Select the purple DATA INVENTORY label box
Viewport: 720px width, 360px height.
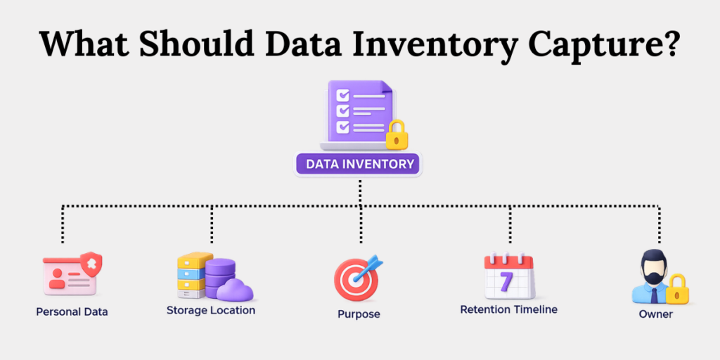point(359,165)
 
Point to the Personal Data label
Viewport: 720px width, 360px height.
point(72,311)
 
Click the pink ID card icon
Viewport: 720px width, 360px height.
point(68,275)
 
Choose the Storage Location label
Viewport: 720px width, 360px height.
point(211,309)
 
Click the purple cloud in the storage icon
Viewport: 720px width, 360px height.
point(235,289)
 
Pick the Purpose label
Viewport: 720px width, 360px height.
point(359,314)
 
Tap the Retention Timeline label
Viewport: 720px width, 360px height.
point(508,309)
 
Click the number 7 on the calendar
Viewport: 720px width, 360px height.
point(507,281)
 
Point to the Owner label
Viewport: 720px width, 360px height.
point(655,314)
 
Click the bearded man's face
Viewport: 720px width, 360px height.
point(652,271)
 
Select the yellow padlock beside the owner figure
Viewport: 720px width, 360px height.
point(676,288)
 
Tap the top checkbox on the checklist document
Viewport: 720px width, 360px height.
point(343,94)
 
